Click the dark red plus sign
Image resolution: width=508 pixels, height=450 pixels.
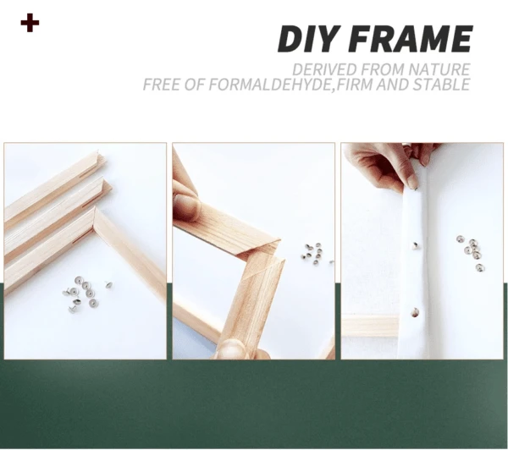[x=30, y=23]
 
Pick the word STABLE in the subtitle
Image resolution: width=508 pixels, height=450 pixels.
[x=437, y=85]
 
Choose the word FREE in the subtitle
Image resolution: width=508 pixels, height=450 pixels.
[x=163, y=85]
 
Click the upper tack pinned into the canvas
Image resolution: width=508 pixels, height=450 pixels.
[x=416, y=245]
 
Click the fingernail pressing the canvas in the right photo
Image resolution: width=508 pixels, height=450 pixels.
[x=412, y=181]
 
